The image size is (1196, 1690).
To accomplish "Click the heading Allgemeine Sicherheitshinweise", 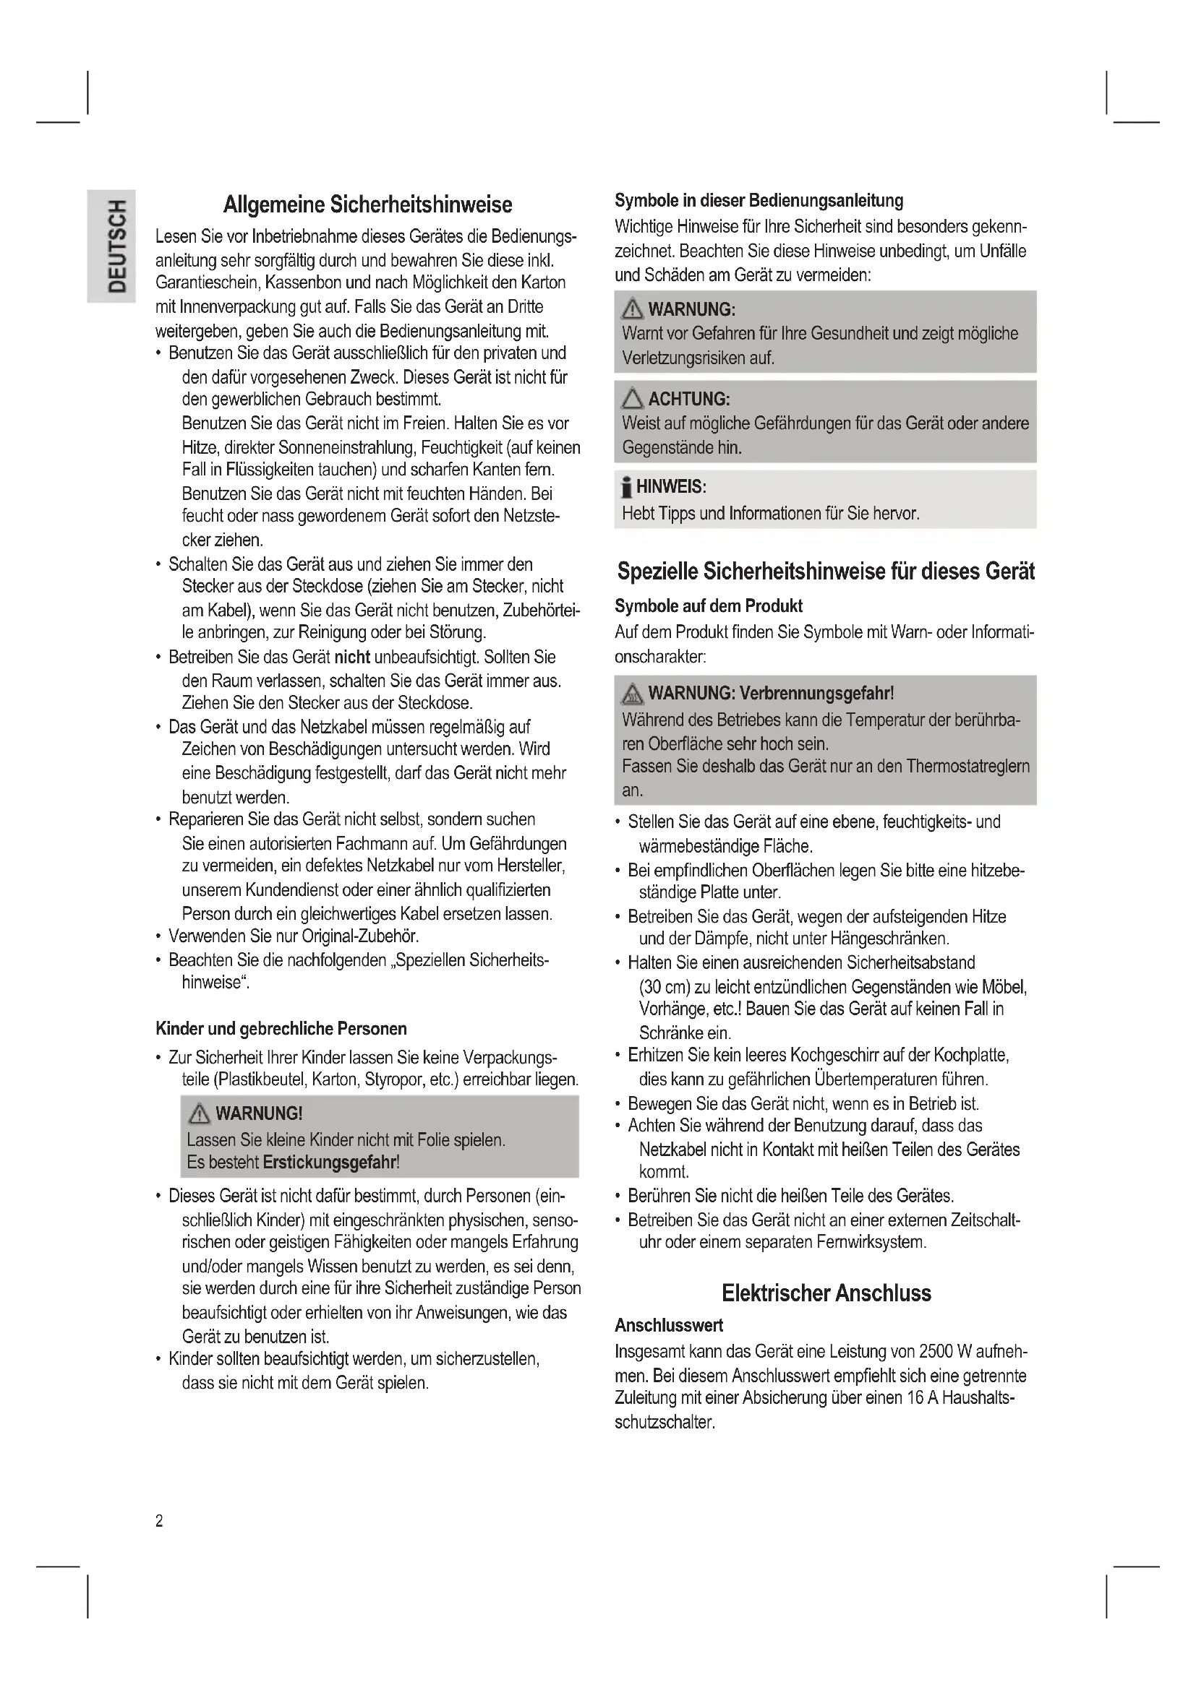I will (x=367, y=204).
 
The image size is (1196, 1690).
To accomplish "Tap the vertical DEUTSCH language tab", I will (x=119, y=246).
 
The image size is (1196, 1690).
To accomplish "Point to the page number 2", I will (x=159, y=1522).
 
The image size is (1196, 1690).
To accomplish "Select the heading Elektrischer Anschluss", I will (x=826, y=1293).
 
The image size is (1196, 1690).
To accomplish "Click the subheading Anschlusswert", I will (x=669, y=1326).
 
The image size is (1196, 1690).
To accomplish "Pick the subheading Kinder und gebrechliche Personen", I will (x=281, y=1028).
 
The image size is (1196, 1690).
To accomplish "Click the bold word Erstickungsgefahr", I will (x=330, y=1163).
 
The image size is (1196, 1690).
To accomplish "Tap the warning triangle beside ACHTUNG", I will (x=632, y=400).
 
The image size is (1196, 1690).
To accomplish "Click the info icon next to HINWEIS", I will (x=626, y=487).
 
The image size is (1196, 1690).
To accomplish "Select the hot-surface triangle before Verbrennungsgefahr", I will (x=632, y=694).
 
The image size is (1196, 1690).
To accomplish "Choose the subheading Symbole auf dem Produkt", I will (x=709, y=605).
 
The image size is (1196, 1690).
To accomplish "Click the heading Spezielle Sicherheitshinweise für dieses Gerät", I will (x=826, y=572).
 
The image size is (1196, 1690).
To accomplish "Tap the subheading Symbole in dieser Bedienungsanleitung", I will (x=759, y=200).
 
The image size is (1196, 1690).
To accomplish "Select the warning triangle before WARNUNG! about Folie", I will (x=200, y=1113).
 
